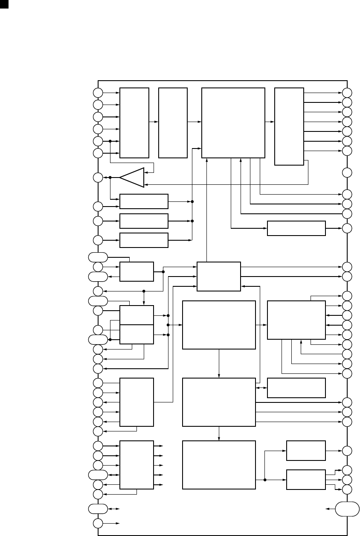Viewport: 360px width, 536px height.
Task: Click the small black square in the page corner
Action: click(x=4, y=4)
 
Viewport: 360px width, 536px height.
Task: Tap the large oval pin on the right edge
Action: click(x=347, y=510)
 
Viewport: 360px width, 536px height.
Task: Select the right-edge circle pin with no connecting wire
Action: click(x=347, y=173)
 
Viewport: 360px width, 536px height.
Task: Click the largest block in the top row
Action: click(x=233, y=123)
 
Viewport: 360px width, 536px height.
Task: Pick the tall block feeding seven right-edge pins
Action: click(x=289, y=126)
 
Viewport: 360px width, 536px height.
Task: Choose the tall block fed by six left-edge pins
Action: click(x=134, y=123)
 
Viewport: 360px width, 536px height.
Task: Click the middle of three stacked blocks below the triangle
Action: click(x=144, y=221)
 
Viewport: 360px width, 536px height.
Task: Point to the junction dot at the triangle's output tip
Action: click(x=110, y=178)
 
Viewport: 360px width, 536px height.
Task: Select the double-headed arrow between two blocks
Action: click(x=261, y=387)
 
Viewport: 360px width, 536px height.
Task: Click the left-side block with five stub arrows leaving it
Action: click(x=136, y=465)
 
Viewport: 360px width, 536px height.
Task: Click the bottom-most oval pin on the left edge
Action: click(x=98, y=509)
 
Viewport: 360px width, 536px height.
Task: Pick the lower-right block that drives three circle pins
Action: click(x=306, y=480)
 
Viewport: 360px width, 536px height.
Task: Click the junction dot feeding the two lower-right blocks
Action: click(x=265, y=480)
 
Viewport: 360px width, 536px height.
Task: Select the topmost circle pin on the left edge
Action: click(x=98, y=92)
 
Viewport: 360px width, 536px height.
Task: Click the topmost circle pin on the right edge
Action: click(x=347, y=92)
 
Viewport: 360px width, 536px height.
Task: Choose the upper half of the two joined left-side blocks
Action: click(x=136, y=315)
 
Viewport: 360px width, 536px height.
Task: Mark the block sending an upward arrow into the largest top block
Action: click(x=218, y=276)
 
